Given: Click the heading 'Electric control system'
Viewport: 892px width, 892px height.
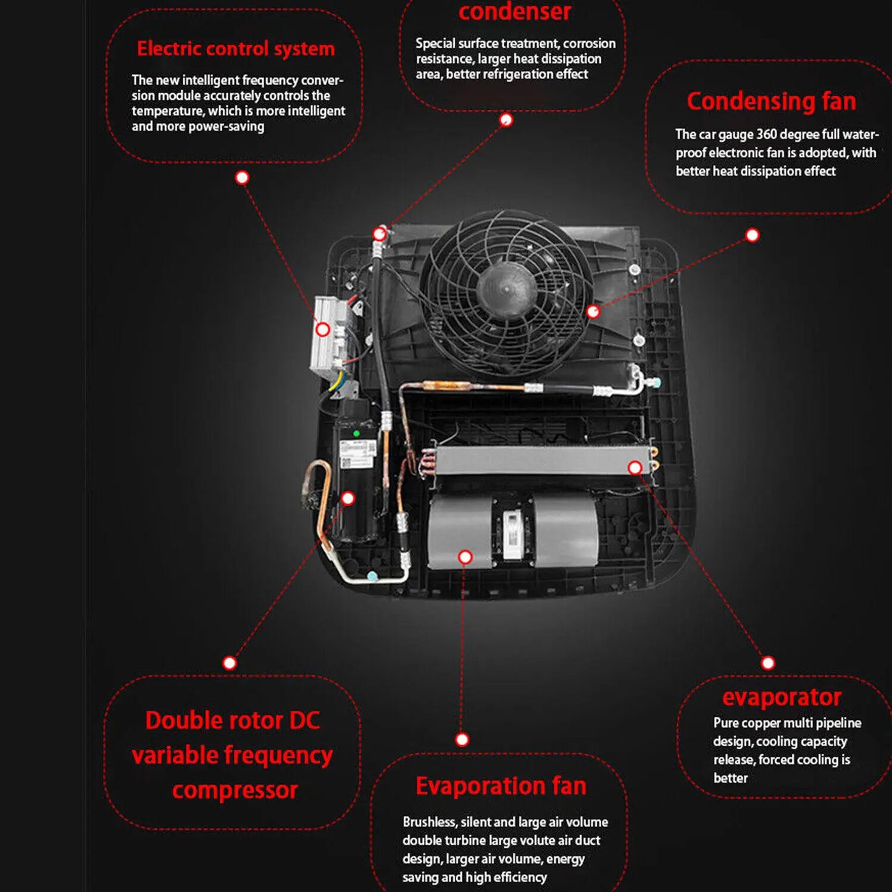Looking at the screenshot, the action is (236, 49).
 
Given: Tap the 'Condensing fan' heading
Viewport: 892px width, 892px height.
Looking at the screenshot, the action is (771, 102).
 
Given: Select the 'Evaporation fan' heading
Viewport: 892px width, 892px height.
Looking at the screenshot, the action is (501, 786).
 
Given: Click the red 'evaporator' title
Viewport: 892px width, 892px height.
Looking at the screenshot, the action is (782, 698).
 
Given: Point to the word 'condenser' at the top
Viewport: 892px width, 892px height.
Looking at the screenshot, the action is (514, 12).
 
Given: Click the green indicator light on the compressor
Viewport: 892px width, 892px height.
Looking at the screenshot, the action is (356, 434).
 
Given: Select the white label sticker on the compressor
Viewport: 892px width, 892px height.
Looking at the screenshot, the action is (358, 454).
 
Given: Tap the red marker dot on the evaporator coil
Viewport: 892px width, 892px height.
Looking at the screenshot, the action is (635, 468).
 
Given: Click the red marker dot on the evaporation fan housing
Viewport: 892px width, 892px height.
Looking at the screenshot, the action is (465, 557).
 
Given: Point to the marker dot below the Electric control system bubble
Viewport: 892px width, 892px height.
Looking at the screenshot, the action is (242, 178).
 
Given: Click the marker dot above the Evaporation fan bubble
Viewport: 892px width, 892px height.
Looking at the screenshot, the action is (462, 740).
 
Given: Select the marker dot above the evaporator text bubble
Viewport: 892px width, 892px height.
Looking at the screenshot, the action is (768, 663).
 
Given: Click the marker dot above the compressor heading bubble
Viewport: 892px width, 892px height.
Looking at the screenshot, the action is (230, 663).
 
